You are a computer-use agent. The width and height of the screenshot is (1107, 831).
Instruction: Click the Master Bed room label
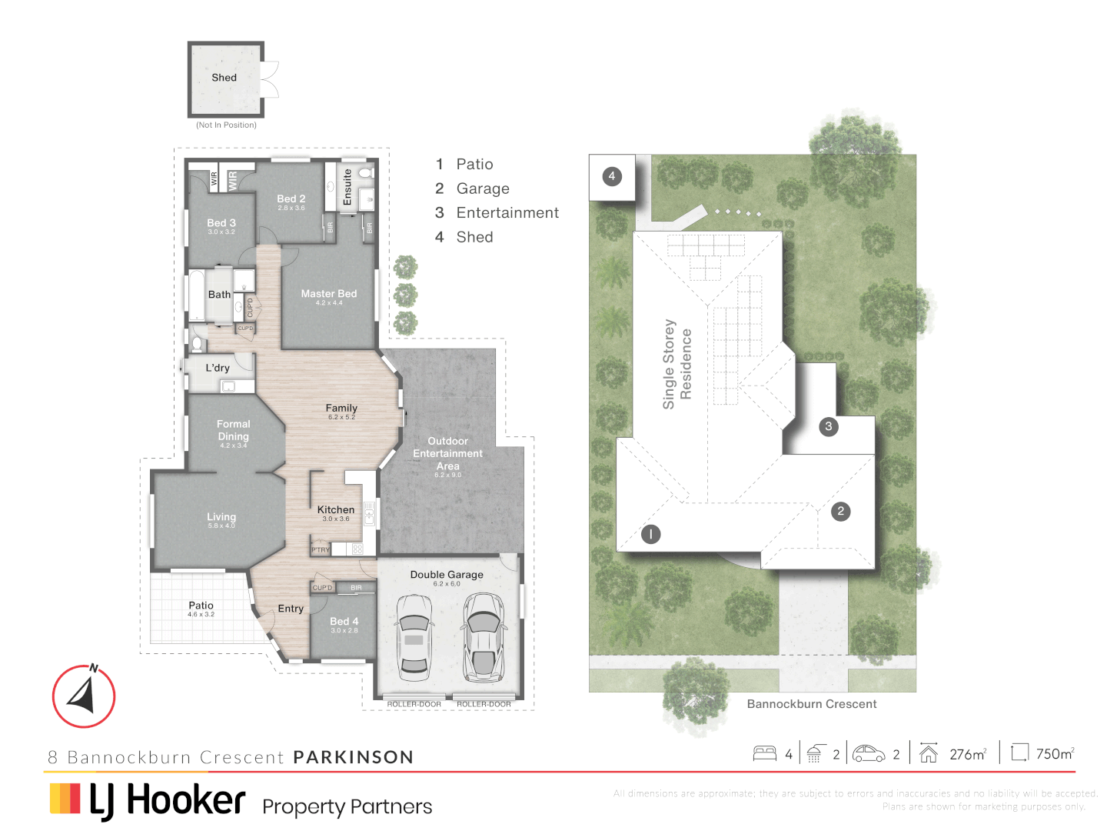[x=328, y=295]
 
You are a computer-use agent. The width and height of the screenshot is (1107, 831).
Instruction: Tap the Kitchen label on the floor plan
[x=336, y=510]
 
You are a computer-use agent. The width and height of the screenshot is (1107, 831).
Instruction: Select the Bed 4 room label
[x=344, y=622]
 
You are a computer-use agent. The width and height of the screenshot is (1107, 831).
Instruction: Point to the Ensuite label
[x=347, y=187]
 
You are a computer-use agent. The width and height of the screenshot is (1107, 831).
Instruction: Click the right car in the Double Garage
[x=483, y=637]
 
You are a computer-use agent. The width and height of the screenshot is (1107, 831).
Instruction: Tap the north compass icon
[x=83, y=696]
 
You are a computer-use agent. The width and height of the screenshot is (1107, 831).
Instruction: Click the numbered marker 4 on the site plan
[x=612, y=176]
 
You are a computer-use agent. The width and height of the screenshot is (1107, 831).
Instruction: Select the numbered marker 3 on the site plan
[x=828, y=426]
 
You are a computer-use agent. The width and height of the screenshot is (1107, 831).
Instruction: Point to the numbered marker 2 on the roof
[x=841, y=511]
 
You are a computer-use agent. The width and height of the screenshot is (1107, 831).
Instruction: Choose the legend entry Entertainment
[x=507, y=213]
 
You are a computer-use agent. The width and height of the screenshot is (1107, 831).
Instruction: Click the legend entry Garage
[x=483, y=189]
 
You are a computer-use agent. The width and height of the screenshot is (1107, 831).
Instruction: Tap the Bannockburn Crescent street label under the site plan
[x=811, y=704]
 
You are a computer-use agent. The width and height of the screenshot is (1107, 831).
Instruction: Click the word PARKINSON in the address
[x=354, y=757]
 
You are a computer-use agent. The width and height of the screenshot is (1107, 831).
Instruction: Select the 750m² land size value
[x=1055, y=754]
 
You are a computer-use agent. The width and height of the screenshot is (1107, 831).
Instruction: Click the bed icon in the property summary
[x=765, y=753]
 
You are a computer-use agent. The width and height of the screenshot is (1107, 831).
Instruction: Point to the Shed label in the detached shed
[x=224, y=78]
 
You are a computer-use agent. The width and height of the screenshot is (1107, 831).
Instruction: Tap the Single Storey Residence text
[x=676, y=364]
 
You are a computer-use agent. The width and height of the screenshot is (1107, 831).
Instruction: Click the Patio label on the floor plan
[x=201, y=606]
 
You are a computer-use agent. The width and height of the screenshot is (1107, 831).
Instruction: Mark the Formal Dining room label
[x=233, y=430]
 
